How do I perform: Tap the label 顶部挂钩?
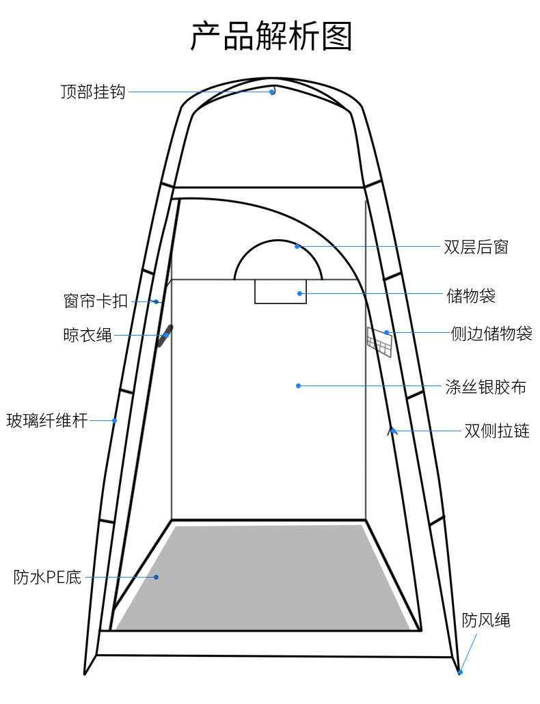click(x=93, y=92)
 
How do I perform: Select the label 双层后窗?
click(x=476, y=247)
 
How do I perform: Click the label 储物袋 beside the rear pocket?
click(x=471, y=295)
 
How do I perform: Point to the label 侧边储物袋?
click(x=491, y=334)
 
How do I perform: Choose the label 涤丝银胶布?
click(x=486, y=387)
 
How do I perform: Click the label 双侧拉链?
click(x=497, y=431)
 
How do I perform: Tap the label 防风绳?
click(x=486, y=620)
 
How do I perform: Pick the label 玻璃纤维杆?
click(x=47, y=420)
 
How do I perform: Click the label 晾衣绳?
click(x=87, y=336)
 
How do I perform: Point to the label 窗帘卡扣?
click(x=96, y=301)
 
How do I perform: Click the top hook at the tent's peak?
click(x=272, y=90)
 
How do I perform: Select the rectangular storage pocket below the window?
click(x=280, y=291)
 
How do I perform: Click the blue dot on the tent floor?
click(x=156, y=578)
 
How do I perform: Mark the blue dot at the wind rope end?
click(x=460, y=673)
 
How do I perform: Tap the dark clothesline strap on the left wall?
click(x=165, y=336)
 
